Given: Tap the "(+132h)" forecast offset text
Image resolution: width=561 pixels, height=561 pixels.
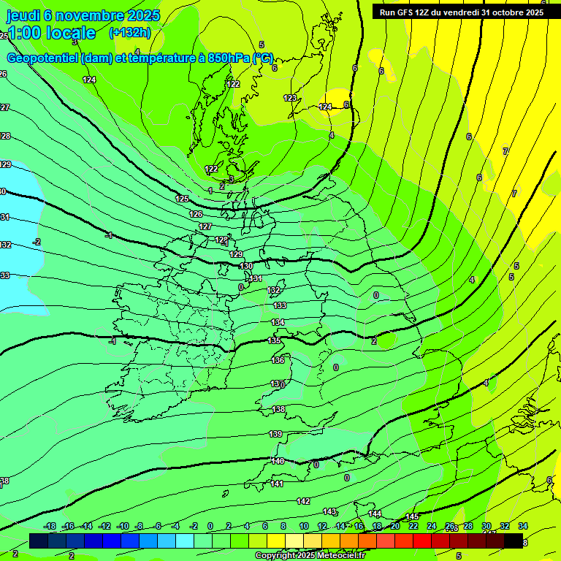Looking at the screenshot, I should (129, 32).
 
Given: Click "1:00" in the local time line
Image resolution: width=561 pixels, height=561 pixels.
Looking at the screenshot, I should (25, 33).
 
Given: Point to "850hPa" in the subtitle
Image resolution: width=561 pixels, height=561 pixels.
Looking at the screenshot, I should (229, 58).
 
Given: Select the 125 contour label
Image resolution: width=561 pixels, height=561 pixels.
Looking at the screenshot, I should (183, 199).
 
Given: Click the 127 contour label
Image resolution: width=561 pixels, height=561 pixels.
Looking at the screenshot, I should (205, 227).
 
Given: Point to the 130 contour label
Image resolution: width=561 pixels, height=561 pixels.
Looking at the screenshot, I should (246, 267).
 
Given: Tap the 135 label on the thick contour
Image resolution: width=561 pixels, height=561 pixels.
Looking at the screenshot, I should (275, 341).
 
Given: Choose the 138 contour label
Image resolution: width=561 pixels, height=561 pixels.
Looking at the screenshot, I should (278, 410).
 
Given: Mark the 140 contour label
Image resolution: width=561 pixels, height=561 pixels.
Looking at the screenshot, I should (278, 461).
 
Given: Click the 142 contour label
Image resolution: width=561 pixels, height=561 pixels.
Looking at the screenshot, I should (303, 501).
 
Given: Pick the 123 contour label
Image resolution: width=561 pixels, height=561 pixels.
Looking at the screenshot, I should (290, 98).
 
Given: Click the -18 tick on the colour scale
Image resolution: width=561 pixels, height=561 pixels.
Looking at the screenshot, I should (50, 526).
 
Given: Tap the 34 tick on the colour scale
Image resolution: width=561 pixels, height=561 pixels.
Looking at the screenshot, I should (523, 526).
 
